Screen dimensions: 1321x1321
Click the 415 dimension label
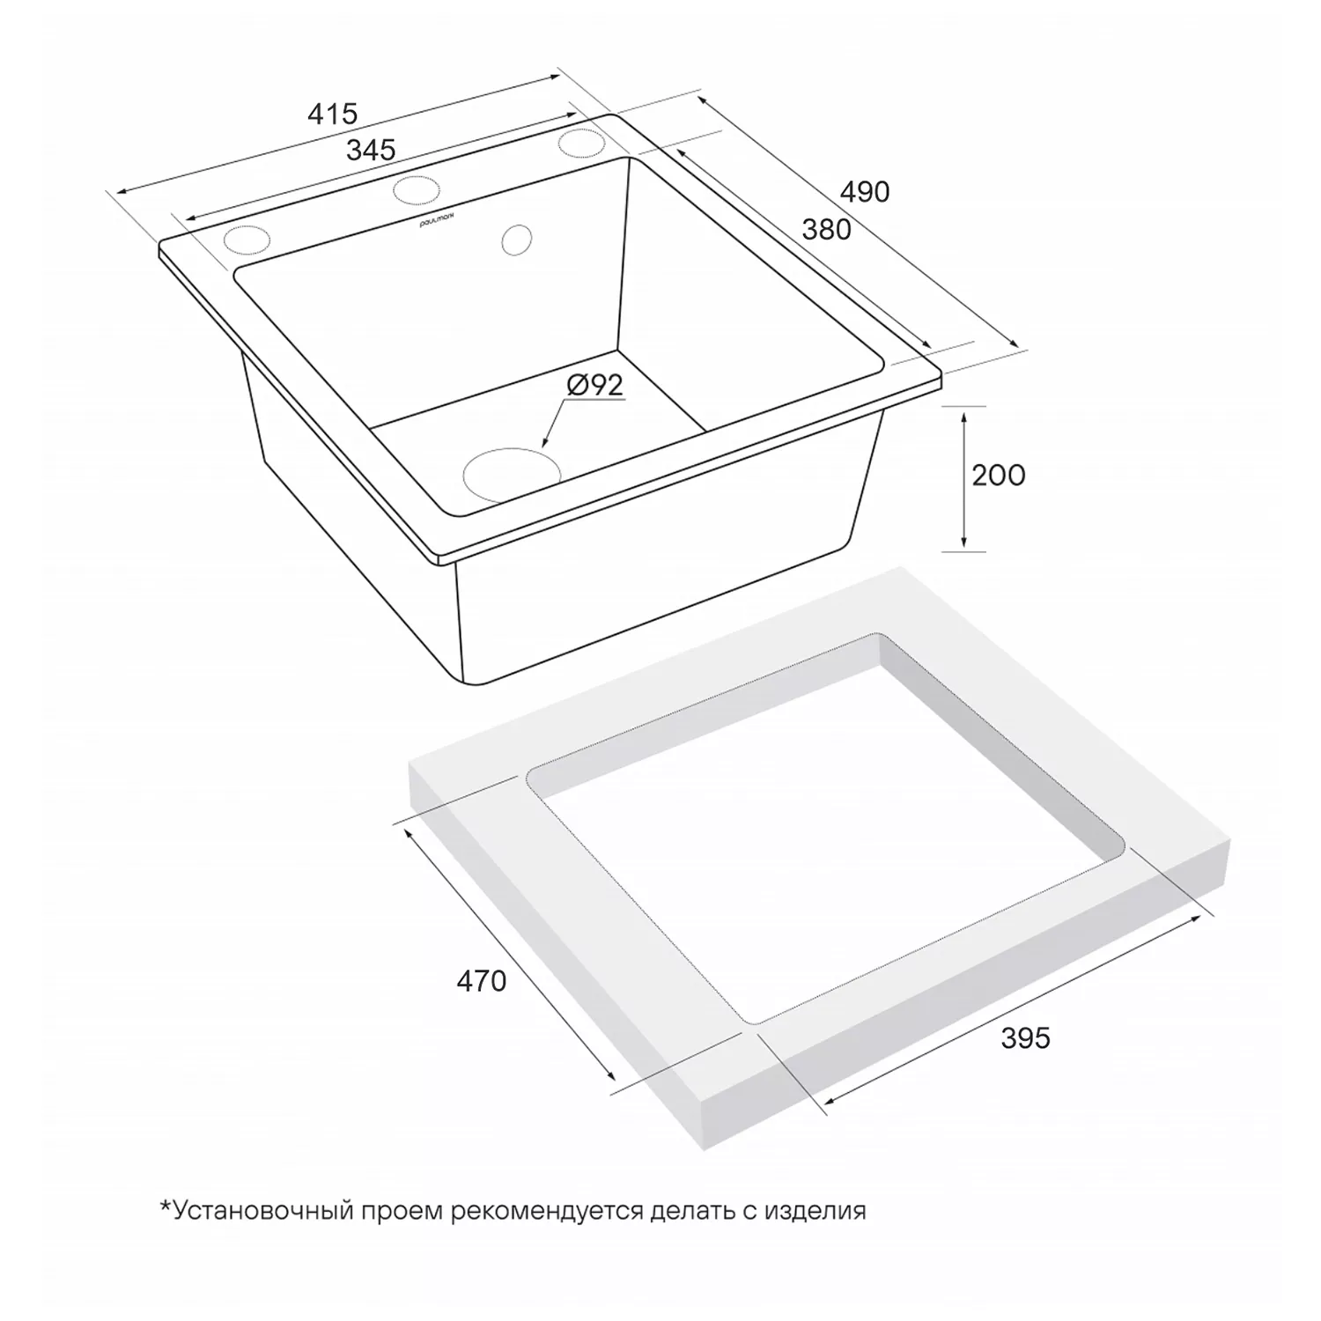pyautogui.click(x=332, y=113)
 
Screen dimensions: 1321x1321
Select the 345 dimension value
pyautogui.click(x=370, y=150)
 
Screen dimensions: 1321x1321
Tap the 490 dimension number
pyautogui.click(x=865, y=191)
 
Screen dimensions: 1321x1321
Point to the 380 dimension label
pyautogui.click(x=826, y=229)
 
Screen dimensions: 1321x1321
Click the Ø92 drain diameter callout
pyautogui.click(x=594, y=385)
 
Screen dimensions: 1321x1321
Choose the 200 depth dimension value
pyautogui.click(x=999, y=476)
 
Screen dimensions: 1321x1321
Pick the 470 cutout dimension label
pyautogui.click(x=481, y=980)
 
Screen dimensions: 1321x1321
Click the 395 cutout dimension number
pyautogui.click(x=1025, y=1038)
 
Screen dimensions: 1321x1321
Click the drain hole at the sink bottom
pyautogui.click(x=512, y=475)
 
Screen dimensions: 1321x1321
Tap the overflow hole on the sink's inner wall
pyautogui.click(x=517, y=240)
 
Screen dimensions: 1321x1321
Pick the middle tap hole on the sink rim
pyautogui.click(x=416, y=188)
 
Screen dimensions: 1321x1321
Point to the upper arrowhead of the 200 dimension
pyautogui.click(x=964, y=416)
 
